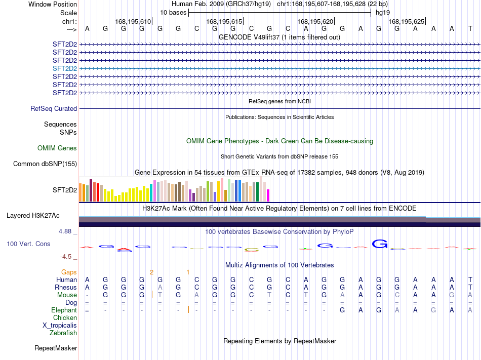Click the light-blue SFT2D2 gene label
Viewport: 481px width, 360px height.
[65, 68]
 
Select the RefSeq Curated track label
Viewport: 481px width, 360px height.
[54, 108]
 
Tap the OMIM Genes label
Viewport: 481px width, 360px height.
[57, 148]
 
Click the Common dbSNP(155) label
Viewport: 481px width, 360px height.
[45, 164]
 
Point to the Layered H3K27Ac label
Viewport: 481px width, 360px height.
[33, 216]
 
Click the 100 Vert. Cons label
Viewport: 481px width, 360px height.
[28, 244]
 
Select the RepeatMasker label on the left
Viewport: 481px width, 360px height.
[56, 348]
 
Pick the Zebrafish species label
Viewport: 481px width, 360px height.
[63, 333]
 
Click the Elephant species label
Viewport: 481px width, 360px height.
[64, 310]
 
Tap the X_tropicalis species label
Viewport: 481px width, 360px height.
[60, 326]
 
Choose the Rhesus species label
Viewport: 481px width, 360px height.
[66, 287]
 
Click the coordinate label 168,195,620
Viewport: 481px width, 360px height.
[315, 21]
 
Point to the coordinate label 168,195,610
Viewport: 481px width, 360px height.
[133, 21]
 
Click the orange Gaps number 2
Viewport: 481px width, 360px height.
[151, 272]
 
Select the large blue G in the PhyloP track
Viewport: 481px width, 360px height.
[380, 244]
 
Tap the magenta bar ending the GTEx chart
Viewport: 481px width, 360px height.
[268, 195]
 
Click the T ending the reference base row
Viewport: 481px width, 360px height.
[470, 28]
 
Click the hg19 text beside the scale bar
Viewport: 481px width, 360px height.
[383, 13]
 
